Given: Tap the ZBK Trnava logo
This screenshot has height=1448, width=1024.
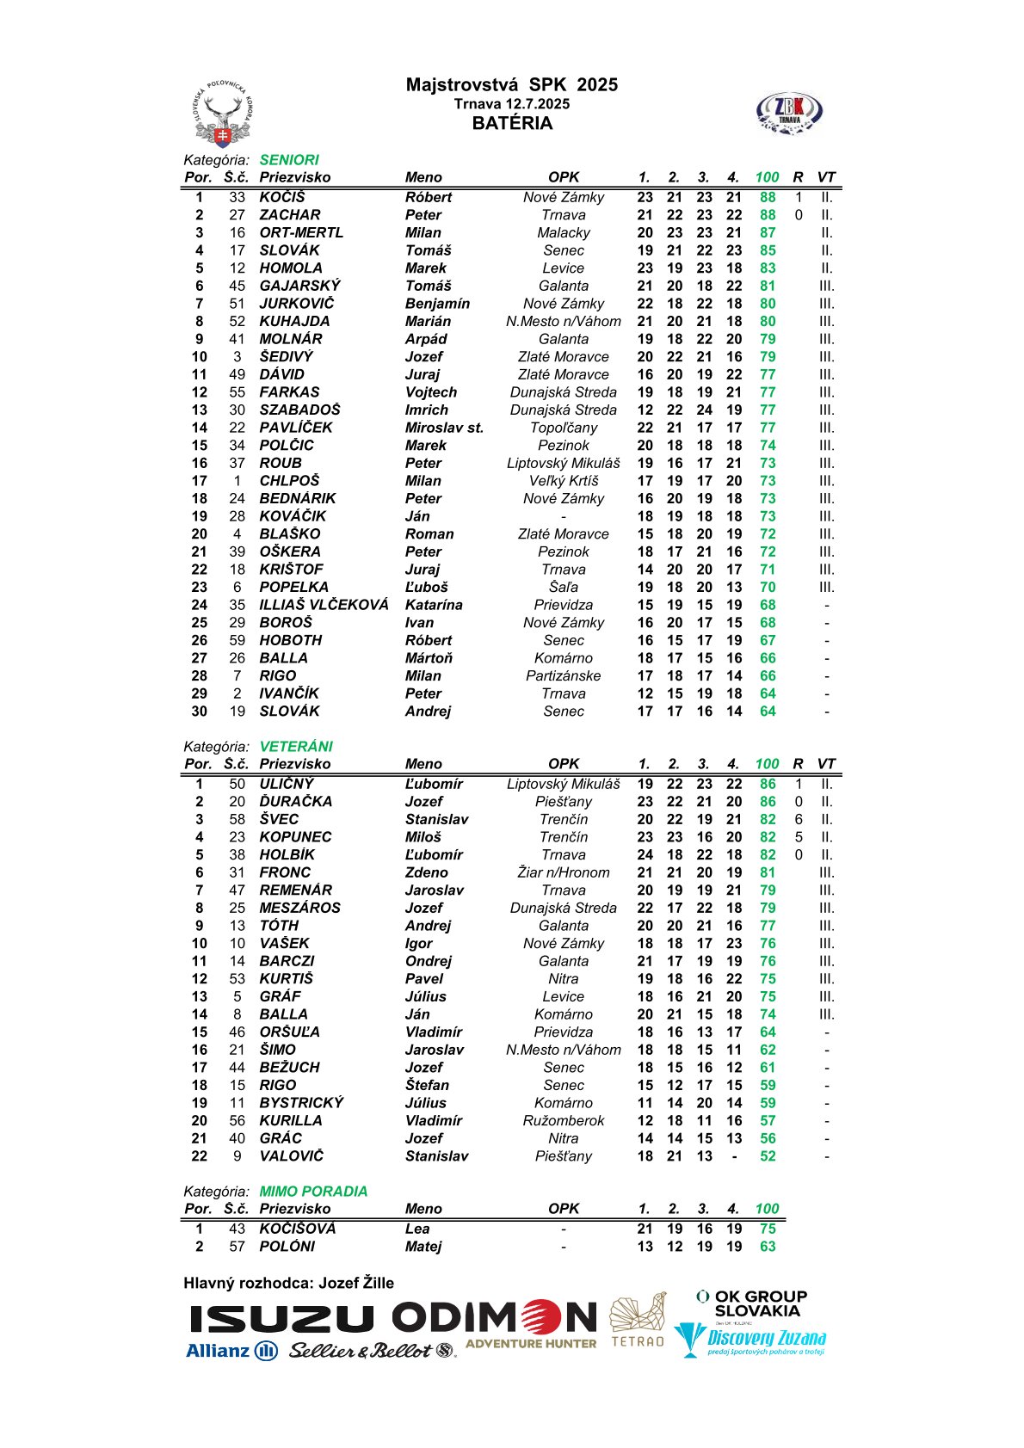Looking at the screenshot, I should tap(789, 114).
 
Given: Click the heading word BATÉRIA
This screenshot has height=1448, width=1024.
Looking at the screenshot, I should tap(512, 123).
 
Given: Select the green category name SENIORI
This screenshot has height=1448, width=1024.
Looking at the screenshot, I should tap(289, 160).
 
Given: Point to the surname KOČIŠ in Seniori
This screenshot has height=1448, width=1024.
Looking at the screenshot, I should tap(282, 197).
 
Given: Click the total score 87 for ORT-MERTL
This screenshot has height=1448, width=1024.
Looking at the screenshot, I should tap(767, 232).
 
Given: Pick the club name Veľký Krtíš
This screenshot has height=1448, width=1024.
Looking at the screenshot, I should tap(564, 481).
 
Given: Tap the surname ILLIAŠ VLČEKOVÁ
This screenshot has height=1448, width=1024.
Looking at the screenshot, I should tap(324, 605).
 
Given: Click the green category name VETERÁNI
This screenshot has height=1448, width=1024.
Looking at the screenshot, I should tap(296, 747).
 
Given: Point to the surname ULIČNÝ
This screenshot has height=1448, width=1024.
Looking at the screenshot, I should tap(287, 784).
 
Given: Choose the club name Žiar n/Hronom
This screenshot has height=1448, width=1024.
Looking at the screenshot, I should tap(564, 872).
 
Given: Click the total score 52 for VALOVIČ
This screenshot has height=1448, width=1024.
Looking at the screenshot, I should tap(767, 1156).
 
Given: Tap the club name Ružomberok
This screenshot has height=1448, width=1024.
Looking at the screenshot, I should tap(564, 1121).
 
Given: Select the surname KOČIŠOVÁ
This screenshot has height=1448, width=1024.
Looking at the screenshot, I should tap(298, 1229).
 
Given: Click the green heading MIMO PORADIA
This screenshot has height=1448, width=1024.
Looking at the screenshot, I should tap(313, 1192).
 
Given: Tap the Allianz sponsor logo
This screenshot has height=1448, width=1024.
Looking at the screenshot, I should tap(231, 1351).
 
